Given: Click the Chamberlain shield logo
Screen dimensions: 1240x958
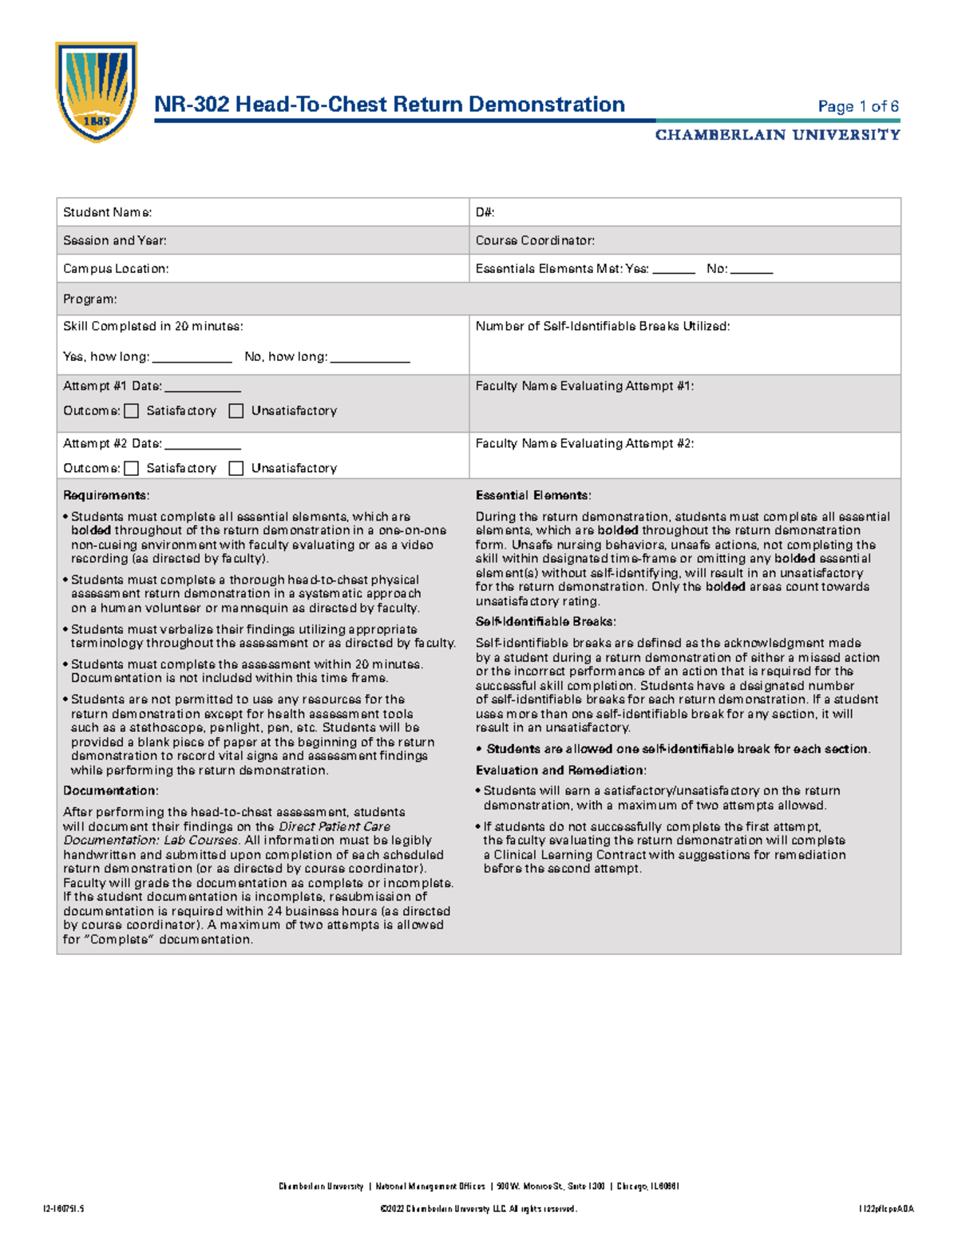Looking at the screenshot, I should [x=96, y=91].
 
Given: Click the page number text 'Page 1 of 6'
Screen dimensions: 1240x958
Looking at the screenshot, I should [x=858, y=106].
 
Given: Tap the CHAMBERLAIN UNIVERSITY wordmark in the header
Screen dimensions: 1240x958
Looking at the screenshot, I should [x=778, y=135].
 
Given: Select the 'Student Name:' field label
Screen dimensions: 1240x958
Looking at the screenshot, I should [x=107, y=212].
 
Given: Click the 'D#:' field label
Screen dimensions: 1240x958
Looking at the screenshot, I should [x=485, y=212].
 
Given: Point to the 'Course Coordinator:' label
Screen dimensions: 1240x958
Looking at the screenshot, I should [x=535, y=240].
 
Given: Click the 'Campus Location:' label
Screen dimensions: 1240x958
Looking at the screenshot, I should [x=116, y=269].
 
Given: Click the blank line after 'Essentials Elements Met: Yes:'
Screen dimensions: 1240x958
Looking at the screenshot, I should [x=674, y=271].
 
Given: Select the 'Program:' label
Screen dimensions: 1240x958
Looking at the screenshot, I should [x=90, y=299].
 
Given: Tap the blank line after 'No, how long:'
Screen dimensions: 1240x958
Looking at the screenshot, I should [x=370, y=359].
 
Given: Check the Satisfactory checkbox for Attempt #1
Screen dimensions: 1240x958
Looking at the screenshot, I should [x=132, y=411].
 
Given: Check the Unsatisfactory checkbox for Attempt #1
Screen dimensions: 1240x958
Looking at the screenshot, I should [x=236, y=411].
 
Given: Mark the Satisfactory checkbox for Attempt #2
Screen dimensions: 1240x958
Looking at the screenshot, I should [x=132, y=469].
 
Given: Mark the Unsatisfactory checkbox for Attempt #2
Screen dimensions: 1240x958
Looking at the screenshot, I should [x=236, y=469].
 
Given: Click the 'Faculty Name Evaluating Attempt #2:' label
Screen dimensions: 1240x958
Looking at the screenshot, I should [x=584, y=444].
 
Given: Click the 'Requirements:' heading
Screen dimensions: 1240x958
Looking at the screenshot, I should [x=106, y=496].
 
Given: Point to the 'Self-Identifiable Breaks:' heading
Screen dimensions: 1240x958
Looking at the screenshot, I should [x=545, y=622].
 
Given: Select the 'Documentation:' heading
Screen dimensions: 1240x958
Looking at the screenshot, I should [x=111, y=791].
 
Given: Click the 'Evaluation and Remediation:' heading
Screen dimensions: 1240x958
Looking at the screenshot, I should [x=560, y=771].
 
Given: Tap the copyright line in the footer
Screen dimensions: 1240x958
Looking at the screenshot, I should [x=478, y=1209].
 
